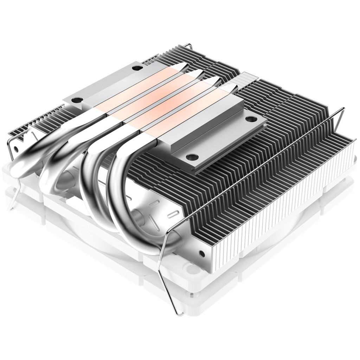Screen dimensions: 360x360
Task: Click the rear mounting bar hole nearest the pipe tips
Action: [x=135, y=67]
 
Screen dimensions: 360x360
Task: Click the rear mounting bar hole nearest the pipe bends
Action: [x=75, y=100]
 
